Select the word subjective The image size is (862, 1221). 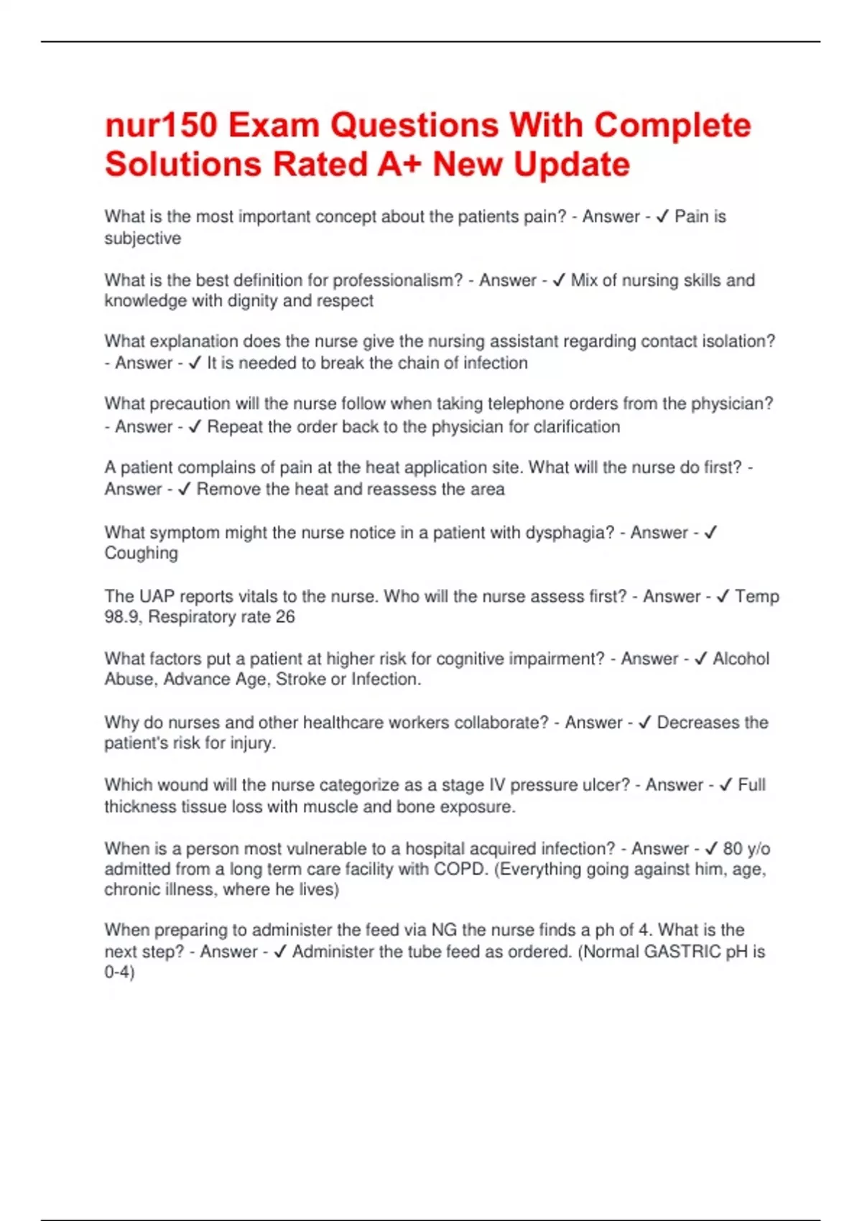[142, 238]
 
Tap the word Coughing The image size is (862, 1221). [141, 553]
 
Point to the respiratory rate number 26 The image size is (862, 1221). [284, 617]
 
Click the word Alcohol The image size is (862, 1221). [741, 659]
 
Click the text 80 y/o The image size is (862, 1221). [746, 849]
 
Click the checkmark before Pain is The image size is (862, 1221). [663, 216]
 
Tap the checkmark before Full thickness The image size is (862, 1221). [726, 785]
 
